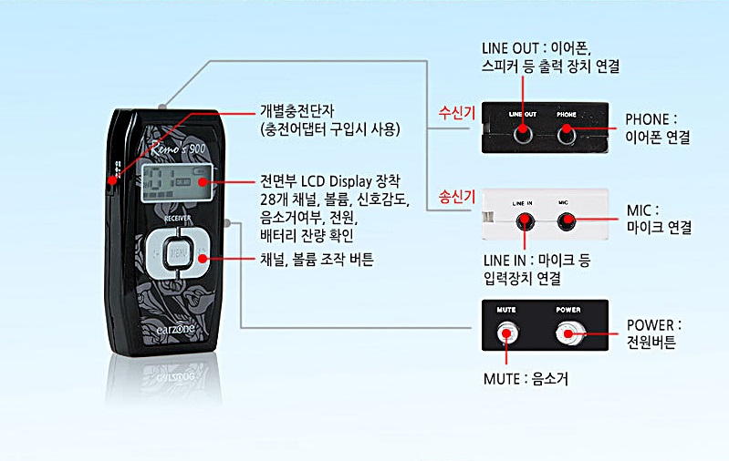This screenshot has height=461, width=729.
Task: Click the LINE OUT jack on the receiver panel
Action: [x=523, y=133]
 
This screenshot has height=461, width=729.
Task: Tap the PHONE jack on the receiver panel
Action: [x=567, y=133]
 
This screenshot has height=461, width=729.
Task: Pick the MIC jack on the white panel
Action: [x=568, y=220]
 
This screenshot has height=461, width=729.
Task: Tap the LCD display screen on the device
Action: [x=179, y=185]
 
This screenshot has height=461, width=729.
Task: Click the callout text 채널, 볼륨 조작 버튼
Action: [x=317, y=260]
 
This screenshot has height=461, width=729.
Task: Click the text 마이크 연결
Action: [x=660, y=228]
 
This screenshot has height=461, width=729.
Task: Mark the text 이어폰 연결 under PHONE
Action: [x=657, y=138]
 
